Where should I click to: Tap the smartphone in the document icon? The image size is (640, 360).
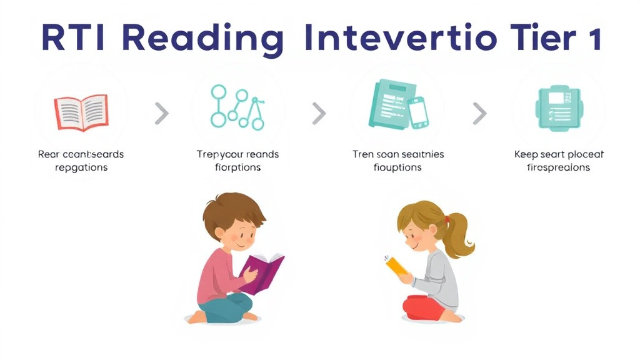tap(417, 112)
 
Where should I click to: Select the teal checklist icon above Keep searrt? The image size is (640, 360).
tap(556, 107)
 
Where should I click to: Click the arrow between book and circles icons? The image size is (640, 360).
tap(161, 113)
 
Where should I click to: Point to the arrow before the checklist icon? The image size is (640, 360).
tap(479, 113)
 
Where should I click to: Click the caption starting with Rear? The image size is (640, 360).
tap(81, 161)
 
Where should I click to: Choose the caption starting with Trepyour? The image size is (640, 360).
tap(237, 161)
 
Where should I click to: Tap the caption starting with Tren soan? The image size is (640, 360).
tap(397, 161)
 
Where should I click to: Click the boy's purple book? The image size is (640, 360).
tap(262, 272)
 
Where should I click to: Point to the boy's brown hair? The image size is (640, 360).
tap(231, 209)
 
